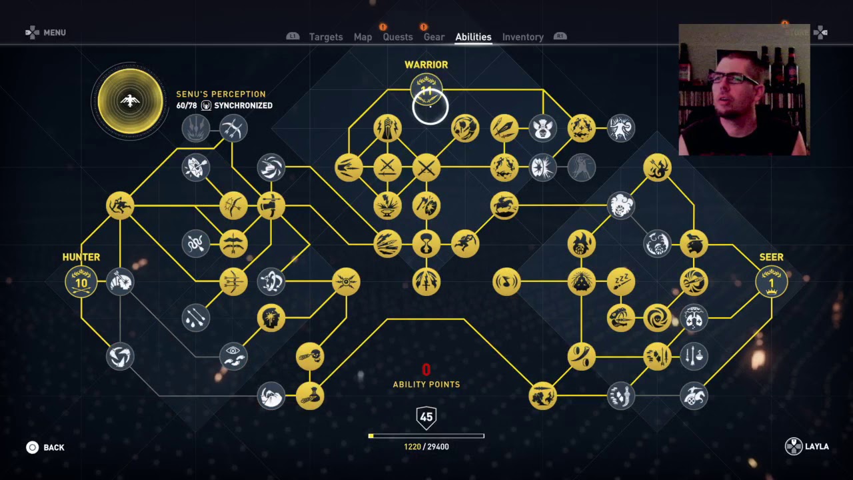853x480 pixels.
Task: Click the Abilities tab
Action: [x=473, y=37]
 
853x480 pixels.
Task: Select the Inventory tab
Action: [x=522, y=37]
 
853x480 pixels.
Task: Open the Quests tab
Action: [x=398, y=37]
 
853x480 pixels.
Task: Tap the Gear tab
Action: [x=434, y=37]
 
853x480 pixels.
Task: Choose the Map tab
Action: [x=363, y=37]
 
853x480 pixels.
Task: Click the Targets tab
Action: [x=326, y=37]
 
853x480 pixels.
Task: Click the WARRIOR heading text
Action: [x=426, y=65]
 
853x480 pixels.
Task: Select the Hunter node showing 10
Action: [x=81, y=282]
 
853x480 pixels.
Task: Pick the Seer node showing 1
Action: [x=771, y=282]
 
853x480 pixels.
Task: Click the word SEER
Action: [x=771, y=257]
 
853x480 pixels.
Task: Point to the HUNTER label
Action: [x=81, y=257]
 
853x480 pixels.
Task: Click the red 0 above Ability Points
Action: [x=426, y=369]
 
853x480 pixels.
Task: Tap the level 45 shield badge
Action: [x=426, y=417]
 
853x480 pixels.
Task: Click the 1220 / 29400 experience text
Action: [x=426, y=447]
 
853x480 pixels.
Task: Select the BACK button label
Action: [x=54, y=447]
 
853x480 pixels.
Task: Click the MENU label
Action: [x=55, y=33]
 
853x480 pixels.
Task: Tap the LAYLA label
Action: [x=816, y=447]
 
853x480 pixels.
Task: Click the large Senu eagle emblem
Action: [x=131, y=101]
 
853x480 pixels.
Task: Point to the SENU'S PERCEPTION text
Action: [x=221, y=94]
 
